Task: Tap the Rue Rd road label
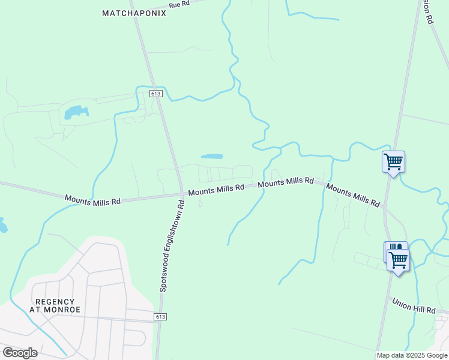pyautogui.click(x=179, y=4)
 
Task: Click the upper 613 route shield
pyautogui.click(x=156, y=94)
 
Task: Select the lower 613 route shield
pyautogui.click(x=160, y=317)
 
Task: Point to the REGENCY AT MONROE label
pyautogui.click(x=55, y=306)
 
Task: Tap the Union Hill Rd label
pyautogui.click(x=414, y=305)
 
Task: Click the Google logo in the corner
pyautogui.click(x=20, y=352)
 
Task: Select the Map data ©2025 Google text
pyautogui.click(x=412, y=355)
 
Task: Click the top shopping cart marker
pyautogui.click(x=393, y=161)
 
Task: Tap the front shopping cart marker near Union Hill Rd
pyautogui.click(x=398, y=260)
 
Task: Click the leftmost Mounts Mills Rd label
pyautogui.click(x=92, y=199)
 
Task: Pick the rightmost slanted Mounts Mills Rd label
pyautogui.click(x=353, y=196)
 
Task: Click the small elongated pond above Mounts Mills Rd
pyautogui.click(x=211, y=157)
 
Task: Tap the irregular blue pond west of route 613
pyautogui.click(x=75, y=112)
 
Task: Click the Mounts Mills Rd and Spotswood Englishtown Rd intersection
pyautogui.click(x=181, y=193)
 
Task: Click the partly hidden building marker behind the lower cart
pyautogui.click(x=390, y=247)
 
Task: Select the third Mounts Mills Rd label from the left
pyautogui.click(x=286, y=182)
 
